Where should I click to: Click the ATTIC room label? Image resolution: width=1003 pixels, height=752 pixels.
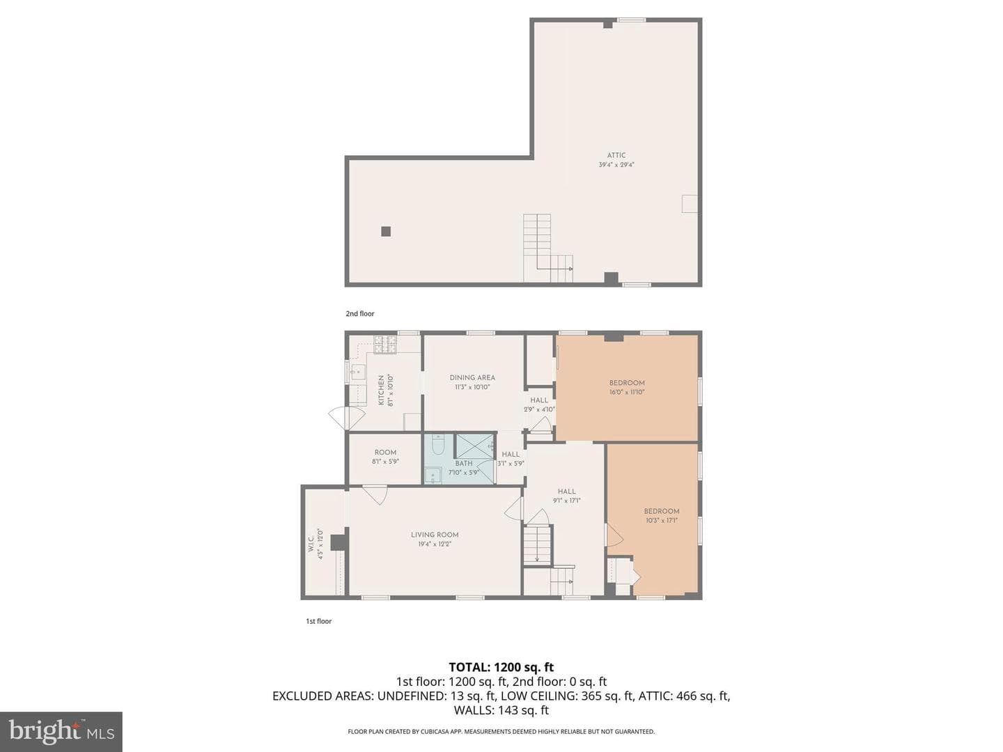pyautogui.click(x=616, y=155)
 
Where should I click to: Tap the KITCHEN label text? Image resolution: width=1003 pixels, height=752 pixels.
pyautogui.click(x=380, y=391)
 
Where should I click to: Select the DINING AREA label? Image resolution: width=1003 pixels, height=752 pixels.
pyautogui.click(x=472, y=377)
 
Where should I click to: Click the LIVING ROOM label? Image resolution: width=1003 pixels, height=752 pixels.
pyautogui.click(x=434, y=535)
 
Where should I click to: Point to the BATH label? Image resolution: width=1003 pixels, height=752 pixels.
pyautogui.click(x=463, y=463)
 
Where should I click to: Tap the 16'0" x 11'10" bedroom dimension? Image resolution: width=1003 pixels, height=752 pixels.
pyautogui.click(x=627, y=392)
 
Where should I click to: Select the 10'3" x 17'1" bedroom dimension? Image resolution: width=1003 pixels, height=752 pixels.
pyautogui.click(x=662, y=520)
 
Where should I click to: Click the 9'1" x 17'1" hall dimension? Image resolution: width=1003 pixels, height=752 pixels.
pyautogui.click(x=566, y=501)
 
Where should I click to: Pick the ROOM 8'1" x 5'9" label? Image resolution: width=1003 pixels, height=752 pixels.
pyautogui.click(x=385, y=457)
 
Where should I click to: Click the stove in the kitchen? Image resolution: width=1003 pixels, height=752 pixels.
pyautogui.click(x=385, y=345)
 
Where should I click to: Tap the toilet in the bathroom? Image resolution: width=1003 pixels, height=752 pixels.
pyautogui.click(x=437, y=444)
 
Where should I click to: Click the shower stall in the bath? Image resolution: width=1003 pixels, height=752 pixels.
pyautogui.click(x=475, y=445)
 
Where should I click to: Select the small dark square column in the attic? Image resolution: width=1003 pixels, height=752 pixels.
pyautogui.click(x=386, y=231)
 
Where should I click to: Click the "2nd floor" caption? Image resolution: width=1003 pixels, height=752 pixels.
pyautogui.click(x=360, y=313)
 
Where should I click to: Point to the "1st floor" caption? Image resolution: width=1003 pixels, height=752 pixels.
pyautogui.click(x=319, y=621)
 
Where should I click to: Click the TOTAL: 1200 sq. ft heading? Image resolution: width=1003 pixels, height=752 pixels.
pyautogui.click(x=501, y=667)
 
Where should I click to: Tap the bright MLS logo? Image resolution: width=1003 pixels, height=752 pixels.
pyautogui.click(x=61, y=731)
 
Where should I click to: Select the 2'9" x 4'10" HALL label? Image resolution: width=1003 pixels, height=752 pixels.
pyautogui.click(x=539, y=405)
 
